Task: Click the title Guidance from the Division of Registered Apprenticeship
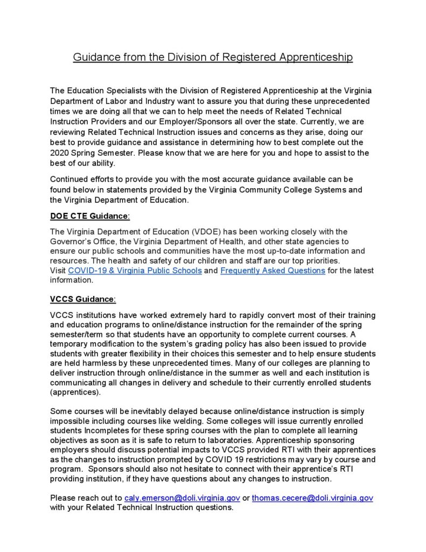click(213, 57)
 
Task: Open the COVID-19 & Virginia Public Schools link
click(135, 271)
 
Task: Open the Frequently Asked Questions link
click(273, 271)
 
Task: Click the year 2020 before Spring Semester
click(59, 153)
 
